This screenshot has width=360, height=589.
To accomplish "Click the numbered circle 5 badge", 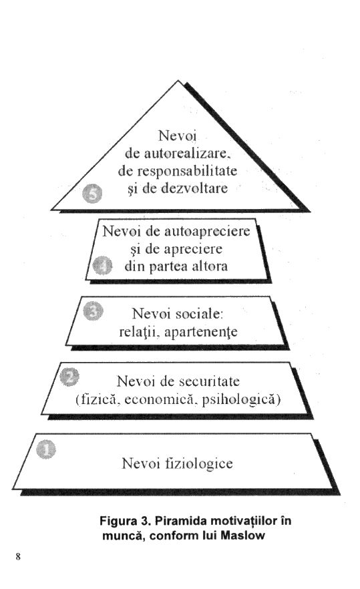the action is point(92,194).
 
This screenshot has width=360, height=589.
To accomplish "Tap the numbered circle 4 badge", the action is point(102,265).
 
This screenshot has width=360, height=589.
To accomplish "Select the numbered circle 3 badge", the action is point(93,311).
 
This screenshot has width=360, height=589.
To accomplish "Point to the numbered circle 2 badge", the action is point(69,377).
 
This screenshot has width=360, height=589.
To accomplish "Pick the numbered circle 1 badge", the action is point(46,449).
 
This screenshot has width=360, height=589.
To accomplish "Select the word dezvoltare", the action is point(194,188).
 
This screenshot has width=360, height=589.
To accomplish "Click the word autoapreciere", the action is point(207,231).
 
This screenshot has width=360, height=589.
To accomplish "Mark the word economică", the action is point(159,399).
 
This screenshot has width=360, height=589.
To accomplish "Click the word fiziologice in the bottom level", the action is point(199,463).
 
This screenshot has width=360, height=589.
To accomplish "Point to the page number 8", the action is point(18,556).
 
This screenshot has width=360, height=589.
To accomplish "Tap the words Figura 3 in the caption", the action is point(125,521).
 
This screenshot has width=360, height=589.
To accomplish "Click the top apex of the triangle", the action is point(178,80).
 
